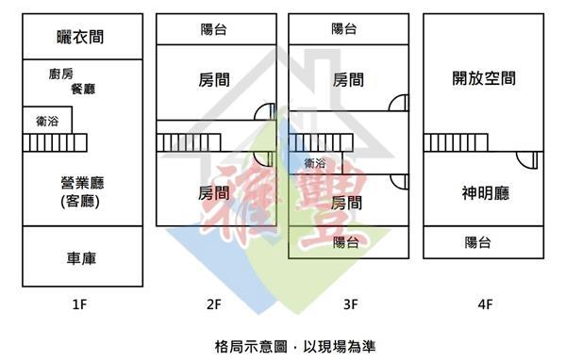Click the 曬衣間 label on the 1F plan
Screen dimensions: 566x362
click(x=80, y=37)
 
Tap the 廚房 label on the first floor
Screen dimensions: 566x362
click(x=61, y=74)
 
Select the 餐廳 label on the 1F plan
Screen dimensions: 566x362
click(x=83, y=89)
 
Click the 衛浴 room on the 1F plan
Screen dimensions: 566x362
click(x=47, y=120)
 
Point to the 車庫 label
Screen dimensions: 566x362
click(x=81, y=258)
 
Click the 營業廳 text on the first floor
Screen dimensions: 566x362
click(x=83, y=183)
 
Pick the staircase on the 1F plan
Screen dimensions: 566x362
click(x=55, y=142)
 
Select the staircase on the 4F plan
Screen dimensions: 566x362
click(x=456, y=142)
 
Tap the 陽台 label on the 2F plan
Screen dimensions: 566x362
click(x=214, y=29)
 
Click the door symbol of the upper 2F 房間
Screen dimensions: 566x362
click(x=265, y=112)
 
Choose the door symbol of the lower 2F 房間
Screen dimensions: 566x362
click(x=264, y=158)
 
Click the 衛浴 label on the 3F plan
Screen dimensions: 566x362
click(x=315, y=163)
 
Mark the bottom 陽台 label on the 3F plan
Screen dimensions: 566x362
click(x=346, y=242)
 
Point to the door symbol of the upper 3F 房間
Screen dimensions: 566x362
click(x=398, y=103)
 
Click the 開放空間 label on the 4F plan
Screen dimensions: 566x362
click(x=484, y=78)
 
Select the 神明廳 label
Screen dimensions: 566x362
click(x=486, y=193)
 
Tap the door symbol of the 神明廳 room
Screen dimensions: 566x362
click(x=527, y=160)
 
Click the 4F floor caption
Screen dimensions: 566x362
click(x=485, y=304)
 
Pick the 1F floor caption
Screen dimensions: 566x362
click(x=80, y=304)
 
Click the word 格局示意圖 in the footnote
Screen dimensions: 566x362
click(x=251, y=347)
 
